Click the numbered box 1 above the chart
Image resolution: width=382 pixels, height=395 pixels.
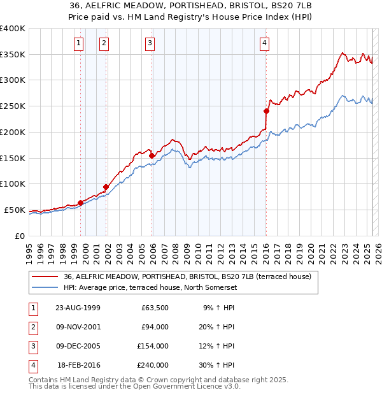click(x=78, y=43)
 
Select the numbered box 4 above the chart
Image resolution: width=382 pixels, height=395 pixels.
click(x=264, y=43)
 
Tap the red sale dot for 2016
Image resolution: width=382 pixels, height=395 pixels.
click(x=267, y=111)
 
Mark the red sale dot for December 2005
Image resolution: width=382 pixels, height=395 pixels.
click(x=152, y=155)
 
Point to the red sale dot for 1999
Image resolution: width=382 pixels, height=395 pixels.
click(x=81, y=203)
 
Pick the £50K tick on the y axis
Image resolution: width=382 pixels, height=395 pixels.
click(x=15, y=210)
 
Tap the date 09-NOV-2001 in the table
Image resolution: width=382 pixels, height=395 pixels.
click(x=78, y=327)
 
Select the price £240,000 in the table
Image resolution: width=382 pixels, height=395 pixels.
click(x=153, y=365)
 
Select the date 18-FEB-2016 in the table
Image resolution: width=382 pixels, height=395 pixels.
click(x=79, y=365)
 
